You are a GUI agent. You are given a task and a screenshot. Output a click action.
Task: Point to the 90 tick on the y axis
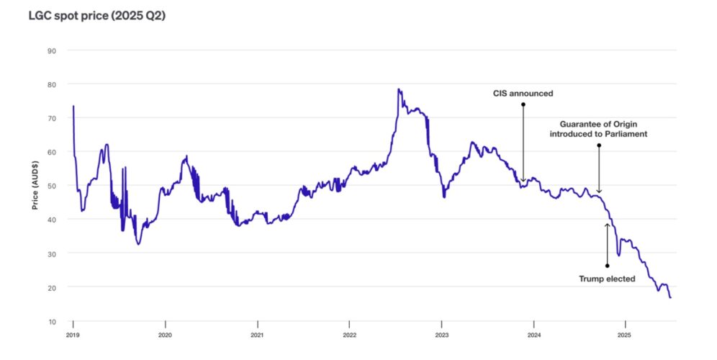click(x=52, y=50)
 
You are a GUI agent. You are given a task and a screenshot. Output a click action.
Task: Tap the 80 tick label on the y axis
click(x=52, y=84)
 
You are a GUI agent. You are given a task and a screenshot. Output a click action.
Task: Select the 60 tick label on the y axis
click(x=52, y=152)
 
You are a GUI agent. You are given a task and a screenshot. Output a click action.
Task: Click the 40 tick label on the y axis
click(x=52, y=220)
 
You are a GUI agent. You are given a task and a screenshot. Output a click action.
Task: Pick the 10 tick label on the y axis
click(x=52, y=321)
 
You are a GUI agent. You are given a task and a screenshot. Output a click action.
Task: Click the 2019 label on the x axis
click(x=73, y=335)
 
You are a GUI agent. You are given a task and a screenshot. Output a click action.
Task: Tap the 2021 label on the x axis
click(x=257, y=335)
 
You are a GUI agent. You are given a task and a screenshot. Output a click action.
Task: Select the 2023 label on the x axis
click(x=441, y=335)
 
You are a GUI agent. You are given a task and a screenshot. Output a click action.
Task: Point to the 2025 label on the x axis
click(x=626, y=335)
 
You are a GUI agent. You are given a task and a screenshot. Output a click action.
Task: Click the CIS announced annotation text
click(x=523, y=94)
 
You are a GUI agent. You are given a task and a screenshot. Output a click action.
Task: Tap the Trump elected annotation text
click(x=607, y=279)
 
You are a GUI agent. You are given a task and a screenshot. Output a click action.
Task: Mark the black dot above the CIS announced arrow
click(x=523, y=104)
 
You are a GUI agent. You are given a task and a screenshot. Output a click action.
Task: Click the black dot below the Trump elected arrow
click(x=607, y=266)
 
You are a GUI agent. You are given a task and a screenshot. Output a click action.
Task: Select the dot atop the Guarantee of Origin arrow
click(x=599, y=145)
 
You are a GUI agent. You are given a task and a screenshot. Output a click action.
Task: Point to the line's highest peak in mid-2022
click(x=398, y=89)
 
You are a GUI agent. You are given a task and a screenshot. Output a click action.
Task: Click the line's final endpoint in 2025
click(x=670, y=297)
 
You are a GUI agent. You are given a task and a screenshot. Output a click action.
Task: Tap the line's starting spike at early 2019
click(x=73, y=107)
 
